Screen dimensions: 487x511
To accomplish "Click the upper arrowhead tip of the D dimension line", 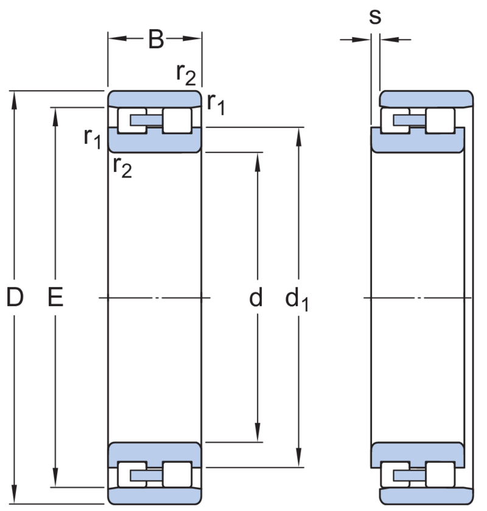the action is pos(14,91).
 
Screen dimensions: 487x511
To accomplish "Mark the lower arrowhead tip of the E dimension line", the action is pos(55,487).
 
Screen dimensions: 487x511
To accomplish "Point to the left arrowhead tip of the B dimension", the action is pos(108,38).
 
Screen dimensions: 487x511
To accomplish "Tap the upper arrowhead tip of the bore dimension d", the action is pos(258,152).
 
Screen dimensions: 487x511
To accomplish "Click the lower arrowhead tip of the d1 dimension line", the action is pos(299,467).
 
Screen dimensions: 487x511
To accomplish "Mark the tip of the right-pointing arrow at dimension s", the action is pos(371,40).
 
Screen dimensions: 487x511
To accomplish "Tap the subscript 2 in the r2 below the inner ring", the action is pos(127,171).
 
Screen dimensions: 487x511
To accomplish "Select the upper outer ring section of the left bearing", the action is pos(155,99).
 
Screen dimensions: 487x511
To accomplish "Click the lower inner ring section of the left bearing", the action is pos(155,455).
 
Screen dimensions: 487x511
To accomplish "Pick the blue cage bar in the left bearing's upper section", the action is pos(146,120).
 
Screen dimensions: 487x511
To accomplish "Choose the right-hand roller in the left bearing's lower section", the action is pos(177,474).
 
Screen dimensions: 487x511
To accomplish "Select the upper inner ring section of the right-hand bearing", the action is pos(418,140).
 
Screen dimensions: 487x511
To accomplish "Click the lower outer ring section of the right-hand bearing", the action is pos(427,496).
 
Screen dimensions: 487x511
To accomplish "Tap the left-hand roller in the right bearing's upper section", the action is pos(395,121).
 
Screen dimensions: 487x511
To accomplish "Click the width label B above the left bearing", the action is pos(156,40).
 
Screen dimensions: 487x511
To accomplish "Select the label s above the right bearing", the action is pos(375,16).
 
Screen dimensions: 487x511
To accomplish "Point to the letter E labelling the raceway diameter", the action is pos(55,297).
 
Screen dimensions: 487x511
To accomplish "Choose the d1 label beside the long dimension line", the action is pos(296,299).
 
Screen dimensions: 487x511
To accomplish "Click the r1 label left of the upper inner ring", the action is pos(93,138).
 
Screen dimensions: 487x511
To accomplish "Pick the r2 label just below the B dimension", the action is pos(186,74).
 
